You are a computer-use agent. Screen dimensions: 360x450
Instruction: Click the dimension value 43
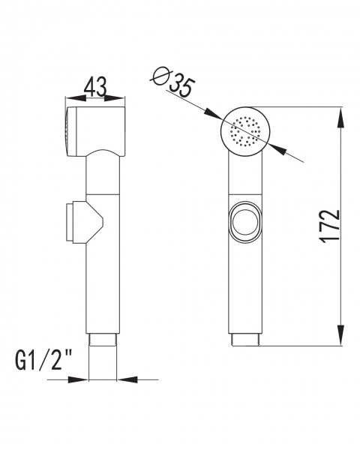[95, 86]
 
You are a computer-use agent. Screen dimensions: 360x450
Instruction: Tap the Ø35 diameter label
[173, 80]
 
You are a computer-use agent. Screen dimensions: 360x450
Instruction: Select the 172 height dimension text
[331, 226]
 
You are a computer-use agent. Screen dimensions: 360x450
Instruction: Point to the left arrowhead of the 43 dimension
[76, 98]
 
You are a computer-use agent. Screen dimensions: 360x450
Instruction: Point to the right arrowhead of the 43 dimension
[114, 98]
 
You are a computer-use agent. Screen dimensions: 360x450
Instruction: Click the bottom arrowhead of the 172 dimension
[340, 335]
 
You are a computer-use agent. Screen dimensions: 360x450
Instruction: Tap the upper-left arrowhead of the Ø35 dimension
[213, 114]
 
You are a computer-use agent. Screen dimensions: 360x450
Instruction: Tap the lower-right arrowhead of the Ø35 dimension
[278, 150]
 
